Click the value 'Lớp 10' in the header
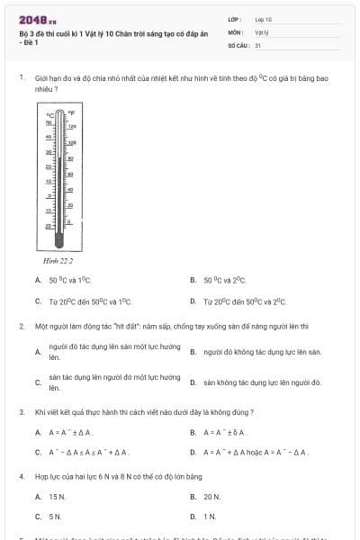coord(264,19)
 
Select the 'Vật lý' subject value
coord(262,31)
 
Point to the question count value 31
coord(258,44)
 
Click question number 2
coord(21,326)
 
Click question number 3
coord(21,411)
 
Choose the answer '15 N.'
coord(58,496)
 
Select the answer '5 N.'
coord(55,517)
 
